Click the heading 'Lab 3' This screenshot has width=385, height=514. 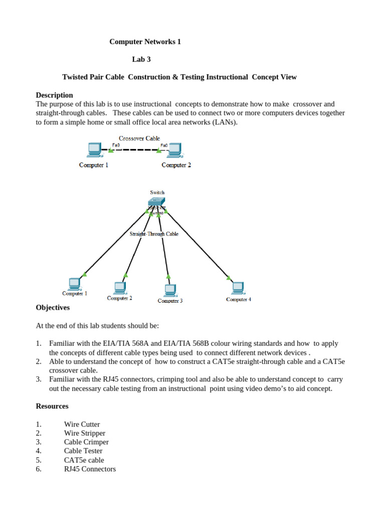point(141,59)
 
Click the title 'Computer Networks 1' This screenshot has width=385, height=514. point(145,42)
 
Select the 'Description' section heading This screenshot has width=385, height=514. point(55,95)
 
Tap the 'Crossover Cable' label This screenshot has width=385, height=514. point(139,138)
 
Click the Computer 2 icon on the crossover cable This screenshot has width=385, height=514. point(174,150)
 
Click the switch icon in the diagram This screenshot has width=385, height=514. point(157,202)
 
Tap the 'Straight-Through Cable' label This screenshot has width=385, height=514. point(154,233)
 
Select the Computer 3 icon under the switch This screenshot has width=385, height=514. point(170,290)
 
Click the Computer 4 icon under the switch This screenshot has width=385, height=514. point(237,288)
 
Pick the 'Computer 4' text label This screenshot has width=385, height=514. point(239,300)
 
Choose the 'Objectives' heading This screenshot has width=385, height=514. point(53,307)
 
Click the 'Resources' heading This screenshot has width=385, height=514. point(52,406)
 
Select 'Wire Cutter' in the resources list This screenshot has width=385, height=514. point(82,424)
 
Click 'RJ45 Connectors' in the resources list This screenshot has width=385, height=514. point(90,469)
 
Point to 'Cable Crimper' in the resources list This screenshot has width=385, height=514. point(86,442)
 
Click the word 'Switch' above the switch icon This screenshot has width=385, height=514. point(157,192)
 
